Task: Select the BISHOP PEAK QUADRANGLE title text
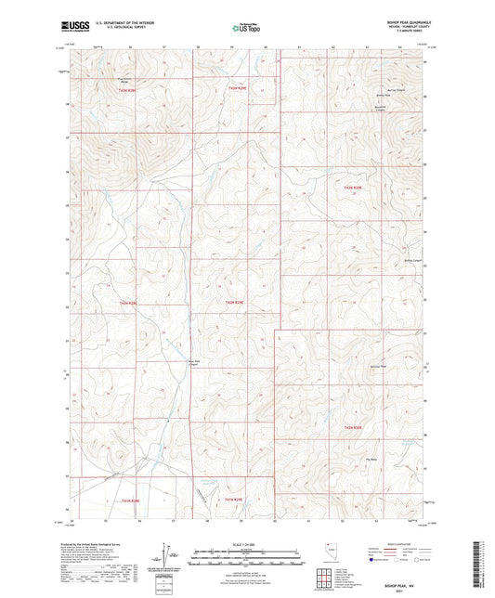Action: point(395,24)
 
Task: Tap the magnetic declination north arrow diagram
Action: point(174,554)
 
